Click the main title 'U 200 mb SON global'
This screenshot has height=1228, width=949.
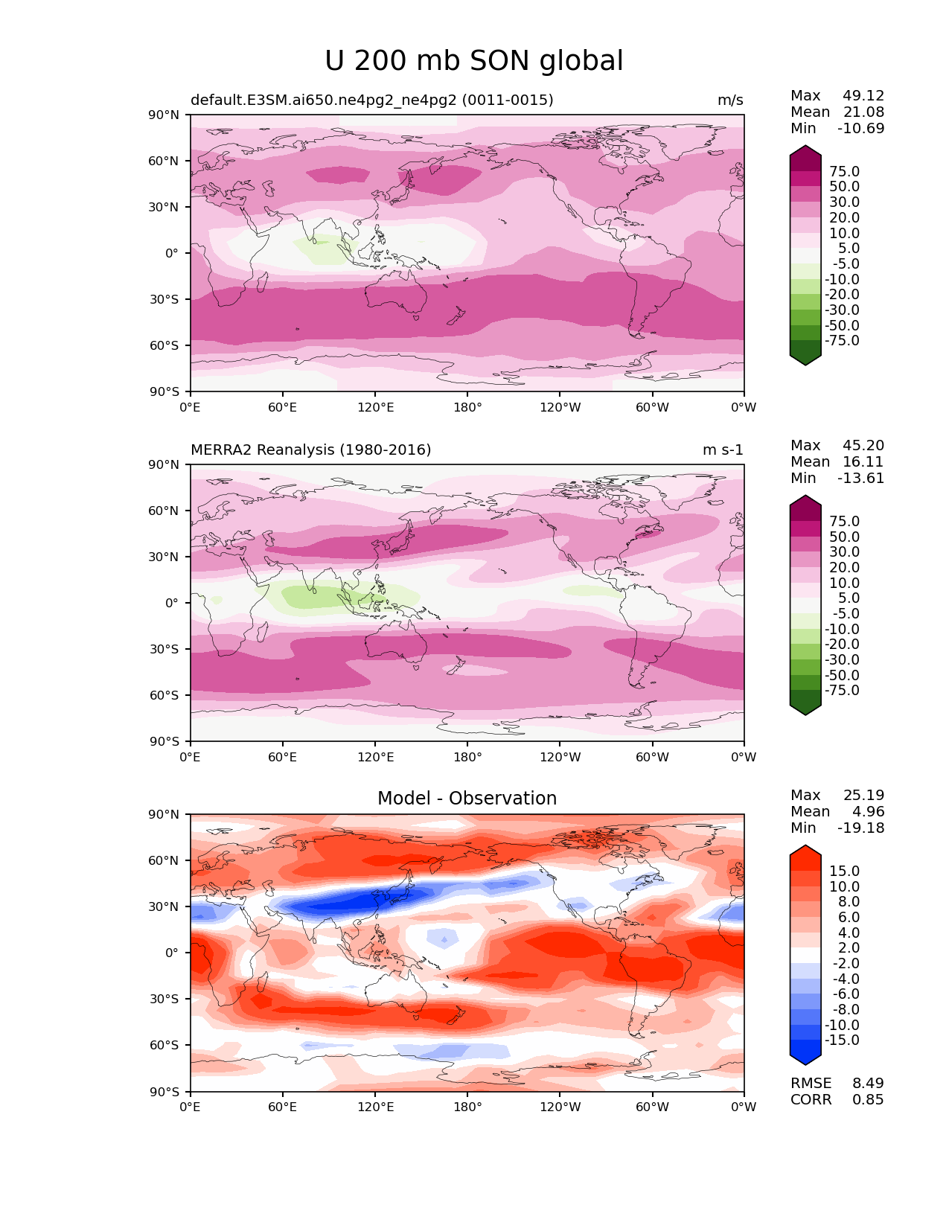[473, 61]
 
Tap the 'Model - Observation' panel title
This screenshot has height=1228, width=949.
[467, 799]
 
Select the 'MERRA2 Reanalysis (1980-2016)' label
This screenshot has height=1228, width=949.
[310, 450]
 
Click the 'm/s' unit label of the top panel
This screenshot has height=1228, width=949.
[729, 100]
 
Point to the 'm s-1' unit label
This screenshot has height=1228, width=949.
[722, 450]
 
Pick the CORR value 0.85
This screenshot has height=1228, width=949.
[868, 1100]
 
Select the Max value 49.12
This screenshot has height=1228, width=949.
[863, 96]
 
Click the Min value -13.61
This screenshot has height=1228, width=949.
[860, 479]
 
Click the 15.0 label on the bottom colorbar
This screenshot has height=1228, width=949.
[844, 872]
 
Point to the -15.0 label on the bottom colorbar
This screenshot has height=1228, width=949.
[842, 1040]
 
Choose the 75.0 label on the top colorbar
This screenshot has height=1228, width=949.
[844, 172]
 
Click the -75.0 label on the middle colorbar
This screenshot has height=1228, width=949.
[842, 691]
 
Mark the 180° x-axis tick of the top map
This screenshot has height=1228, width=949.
[467, 408]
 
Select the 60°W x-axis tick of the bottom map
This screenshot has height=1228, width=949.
[652, 1107]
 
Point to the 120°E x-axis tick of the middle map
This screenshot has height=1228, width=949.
[375, 758]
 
